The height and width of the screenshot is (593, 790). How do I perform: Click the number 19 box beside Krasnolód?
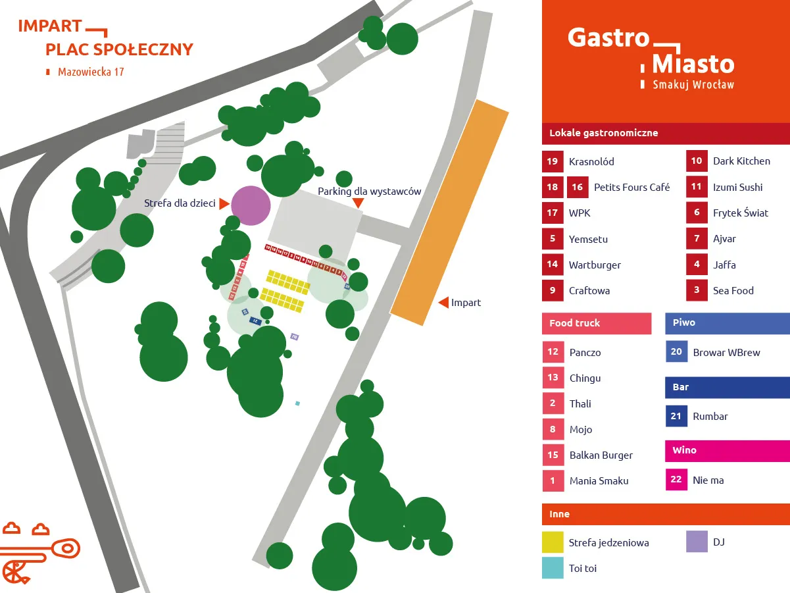pyautogui.click(x=553, y=161)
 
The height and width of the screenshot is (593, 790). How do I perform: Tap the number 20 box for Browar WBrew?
pyautogui.click(x=676, y=352)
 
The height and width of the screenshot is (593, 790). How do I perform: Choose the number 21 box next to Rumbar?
pyautogui.click(x=676, y=416)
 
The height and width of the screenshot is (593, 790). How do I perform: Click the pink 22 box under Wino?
pyautogui.click(x=676, y=480)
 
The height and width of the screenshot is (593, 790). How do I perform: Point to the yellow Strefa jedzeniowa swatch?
pyautogui.click(x=553, y=542)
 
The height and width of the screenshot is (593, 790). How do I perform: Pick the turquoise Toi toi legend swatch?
pyautogui.click(x=553, y=568)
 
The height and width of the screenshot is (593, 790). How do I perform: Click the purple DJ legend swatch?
pyautogui.click(x=697, y=542)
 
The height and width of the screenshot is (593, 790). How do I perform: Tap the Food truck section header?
pyautogui.click(x=597, y=323)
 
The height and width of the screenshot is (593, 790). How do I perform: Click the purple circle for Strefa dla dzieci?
pyautogui.click(x=251, y=205)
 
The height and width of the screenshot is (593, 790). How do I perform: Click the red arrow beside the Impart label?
pyautogui.click(x=444, y=303)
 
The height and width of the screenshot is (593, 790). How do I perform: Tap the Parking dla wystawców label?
pyautogui.click(x=369, y=192)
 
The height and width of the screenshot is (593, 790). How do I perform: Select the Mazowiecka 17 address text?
pyautogui.click(x=91, y=72)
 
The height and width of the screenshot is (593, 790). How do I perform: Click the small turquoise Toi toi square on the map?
pyautogui.click(x=297, y=403)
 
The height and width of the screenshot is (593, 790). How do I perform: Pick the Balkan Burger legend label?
pyautogui.click(x=601, y=455)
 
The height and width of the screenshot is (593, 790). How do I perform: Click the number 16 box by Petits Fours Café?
pyautogui.click(x=578, y=187)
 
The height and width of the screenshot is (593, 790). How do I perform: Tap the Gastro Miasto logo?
pyautogui.click(x=651, y=57)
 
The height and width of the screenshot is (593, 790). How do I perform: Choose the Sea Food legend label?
pyautogui.click(x=733, y=290)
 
